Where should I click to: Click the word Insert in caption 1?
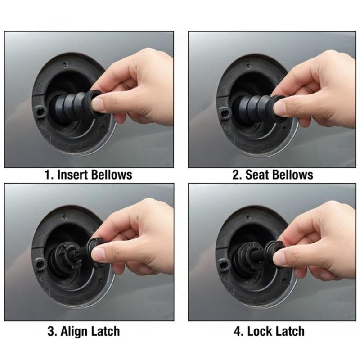72,175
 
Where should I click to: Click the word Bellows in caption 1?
112,175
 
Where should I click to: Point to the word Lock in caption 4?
258,332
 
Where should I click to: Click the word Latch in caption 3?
105,332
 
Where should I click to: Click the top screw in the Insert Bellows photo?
65,64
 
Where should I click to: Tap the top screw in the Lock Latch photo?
247,217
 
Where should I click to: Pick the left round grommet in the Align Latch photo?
40,264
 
